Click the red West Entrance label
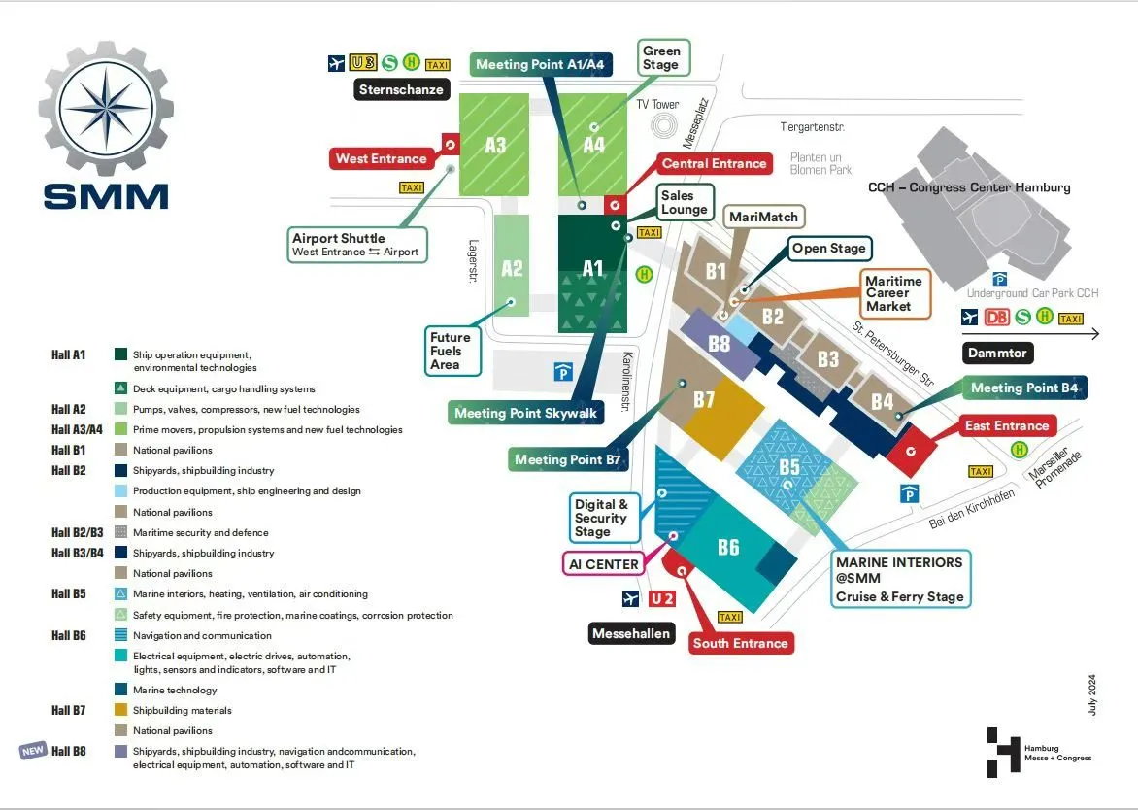point(381,158)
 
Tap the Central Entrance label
point(714,163)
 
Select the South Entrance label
point(740,643)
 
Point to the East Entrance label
point(1007,425)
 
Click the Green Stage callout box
point(661,57)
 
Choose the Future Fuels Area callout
point(451,351)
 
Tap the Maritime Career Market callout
point(888,293)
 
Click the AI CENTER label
point(604,564)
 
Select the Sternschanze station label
point(401,90)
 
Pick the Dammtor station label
point(997,354)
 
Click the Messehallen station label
point(631,634)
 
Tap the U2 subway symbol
point(662,598)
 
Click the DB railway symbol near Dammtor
point(996,317)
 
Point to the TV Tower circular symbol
point(666,125)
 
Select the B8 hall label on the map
point(719,343)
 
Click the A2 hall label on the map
point(512,268)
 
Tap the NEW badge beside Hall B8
point(33,751)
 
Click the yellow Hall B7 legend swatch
point(121,711)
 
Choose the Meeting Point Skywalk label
point(525,413)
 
